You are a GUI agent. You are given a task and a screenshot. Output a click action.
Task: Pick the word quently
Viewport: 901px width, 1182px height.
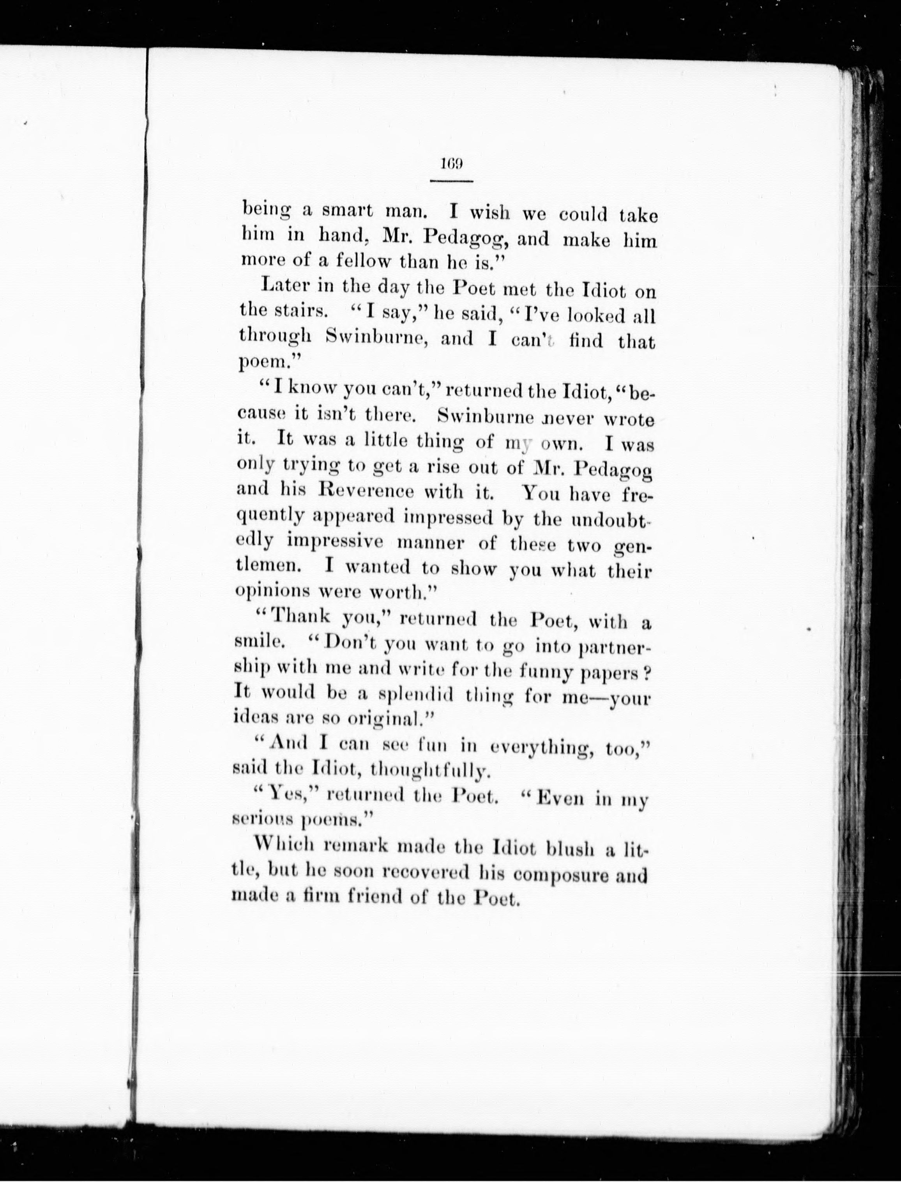click(270, 516)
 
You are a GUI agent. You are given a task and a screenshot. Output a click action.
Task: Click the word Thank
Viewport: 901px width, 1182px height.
click(301, 617)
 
